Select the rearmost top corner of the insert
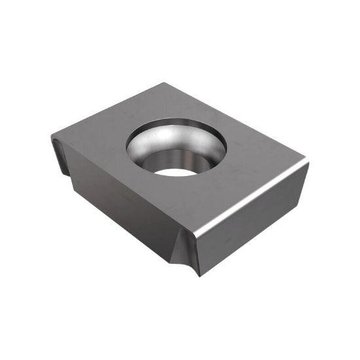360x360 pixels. tap(163, 84)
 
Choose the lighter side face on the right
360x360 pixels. tap(255, 223)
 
